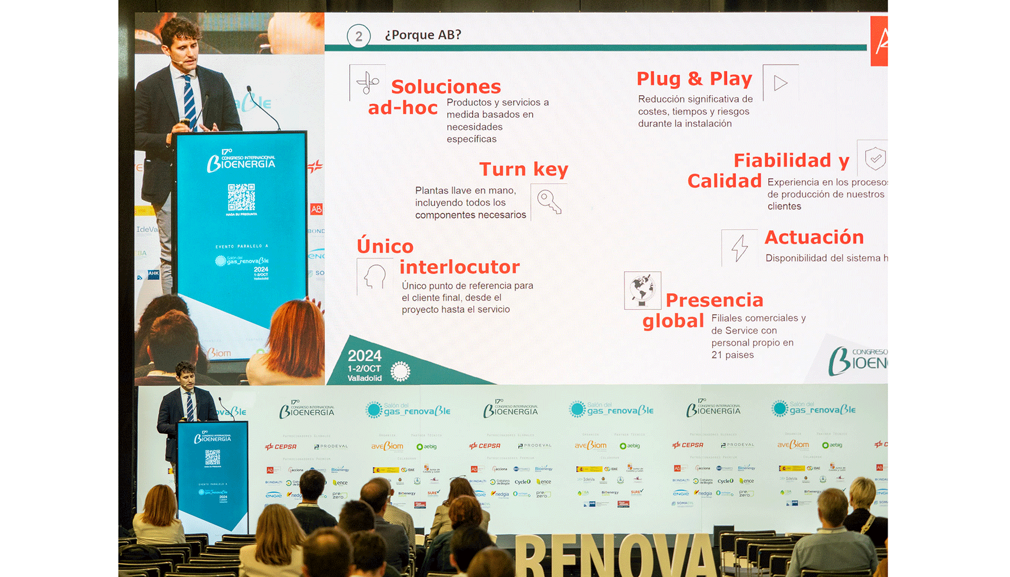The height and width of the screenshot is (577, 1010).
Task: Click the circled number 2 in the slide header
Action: [x=358, y=36]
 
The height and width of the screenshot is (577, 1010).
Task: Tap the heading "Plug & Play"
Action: [x=694, y=78]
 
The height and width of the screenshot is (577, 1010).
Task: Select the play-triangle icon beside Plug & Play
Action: [x=780, y=83]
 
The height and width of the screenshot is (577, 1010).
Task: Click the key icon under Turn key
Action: [x=548, y=202]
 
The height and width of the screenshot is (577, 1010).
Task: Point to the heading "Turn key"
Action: [x=523, y=169]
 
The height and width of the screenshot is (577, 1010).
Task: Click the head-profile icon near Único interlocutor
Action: [x=375, y=277]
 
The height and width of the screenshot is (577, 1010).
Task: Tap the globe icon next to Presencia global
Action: [x=642, y=290]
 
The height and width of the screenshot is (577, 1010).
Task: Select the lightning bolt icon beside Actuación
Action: [x=739, y=248]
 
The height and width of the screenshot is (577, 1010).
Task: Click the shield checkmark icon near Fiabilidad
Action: [x=875, y=158]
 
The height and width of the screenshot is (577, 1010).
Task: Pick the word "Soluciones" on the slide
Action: [x=446, y=87]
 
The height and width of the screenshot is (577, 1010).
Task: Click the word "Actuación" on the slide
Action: [x=814, y=237]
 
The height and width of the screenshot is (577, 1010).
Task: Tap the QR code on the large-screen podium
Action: [x=241, y=197]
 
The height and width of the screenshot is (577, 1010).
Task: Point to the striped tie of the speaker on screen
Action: [x=189, y=102]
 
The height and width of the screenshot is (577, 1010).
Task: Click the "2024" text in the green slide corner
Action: [x=364, y=355]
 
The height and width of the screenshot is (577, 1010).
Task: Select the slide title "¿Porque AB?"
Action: [x=423, y=35]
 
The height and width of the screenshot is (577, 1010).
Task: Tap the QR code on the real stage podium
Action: [x=212, y=458]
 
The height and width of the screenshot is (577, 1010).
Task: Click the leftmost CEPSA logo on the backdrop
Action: [x=281, y=447]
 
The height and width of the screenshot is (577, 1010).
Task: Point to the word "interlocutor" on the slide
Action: [x=459, y=267]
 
